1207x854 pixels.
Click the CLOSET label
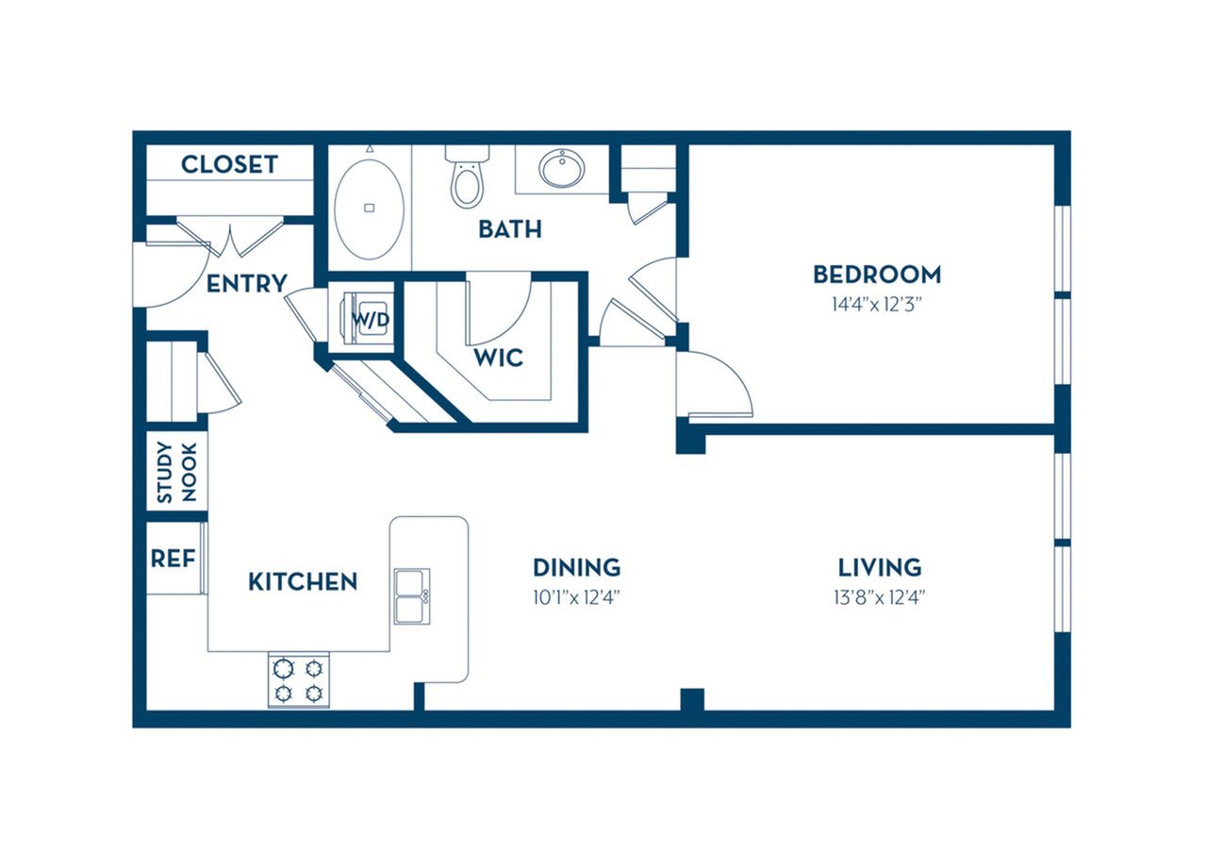coord(229,164)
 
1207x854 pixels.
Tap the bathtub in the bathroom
coord(370,209)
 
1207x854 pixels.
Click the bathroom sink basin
coord(561,169)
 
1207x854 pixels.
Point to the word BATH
coord(509,228)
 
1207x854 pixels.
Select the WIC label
coord(498,359)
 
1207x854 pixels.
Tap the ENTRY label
coord(246,283)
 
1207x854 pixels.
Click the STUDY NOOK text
coord(176,473)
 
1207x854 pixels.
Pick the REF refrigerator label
coord(173,559)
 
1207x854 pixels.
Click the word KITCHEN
coord(303,582)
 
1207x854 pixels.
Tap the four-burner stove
coord(298,680)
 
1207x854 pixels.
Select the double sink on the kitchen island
coord(412,595)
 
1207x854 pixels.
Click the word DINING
coord(576,567)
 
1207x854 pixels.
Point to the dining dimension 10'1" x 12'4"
coord(576,596)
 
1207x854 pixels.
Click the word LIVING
coord(879,567)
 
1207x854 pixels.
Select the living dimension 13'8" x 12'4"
coord(879,596)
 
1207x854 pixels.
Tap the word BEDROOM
coord(876,275)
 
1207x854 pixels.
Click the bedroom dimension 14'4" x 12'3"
coord(876,304)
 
